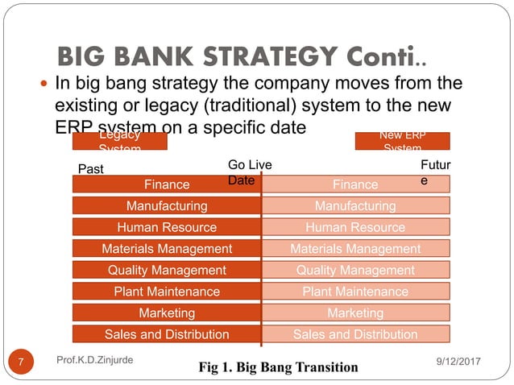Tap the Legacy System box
(119, 141)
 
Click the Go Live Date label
(250, 172)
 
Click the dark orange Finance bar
(167, 184)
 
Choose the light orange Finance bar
(355, 184)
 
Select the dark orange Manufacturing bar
(167, 206)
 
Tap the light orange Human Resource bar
(355, 227)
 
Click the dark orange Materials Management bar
(167, 249)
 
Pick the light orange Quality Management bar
(355, 270)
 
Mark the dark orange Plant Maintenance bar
(167, 291)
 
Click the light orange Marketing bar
(355, 313)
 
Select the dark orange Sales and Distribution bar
(167, 333)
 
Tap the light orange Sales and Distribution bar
(355, 333)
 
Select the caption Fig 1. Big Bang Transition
(278, 367)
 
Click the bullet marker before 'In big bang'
(41, 83)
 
